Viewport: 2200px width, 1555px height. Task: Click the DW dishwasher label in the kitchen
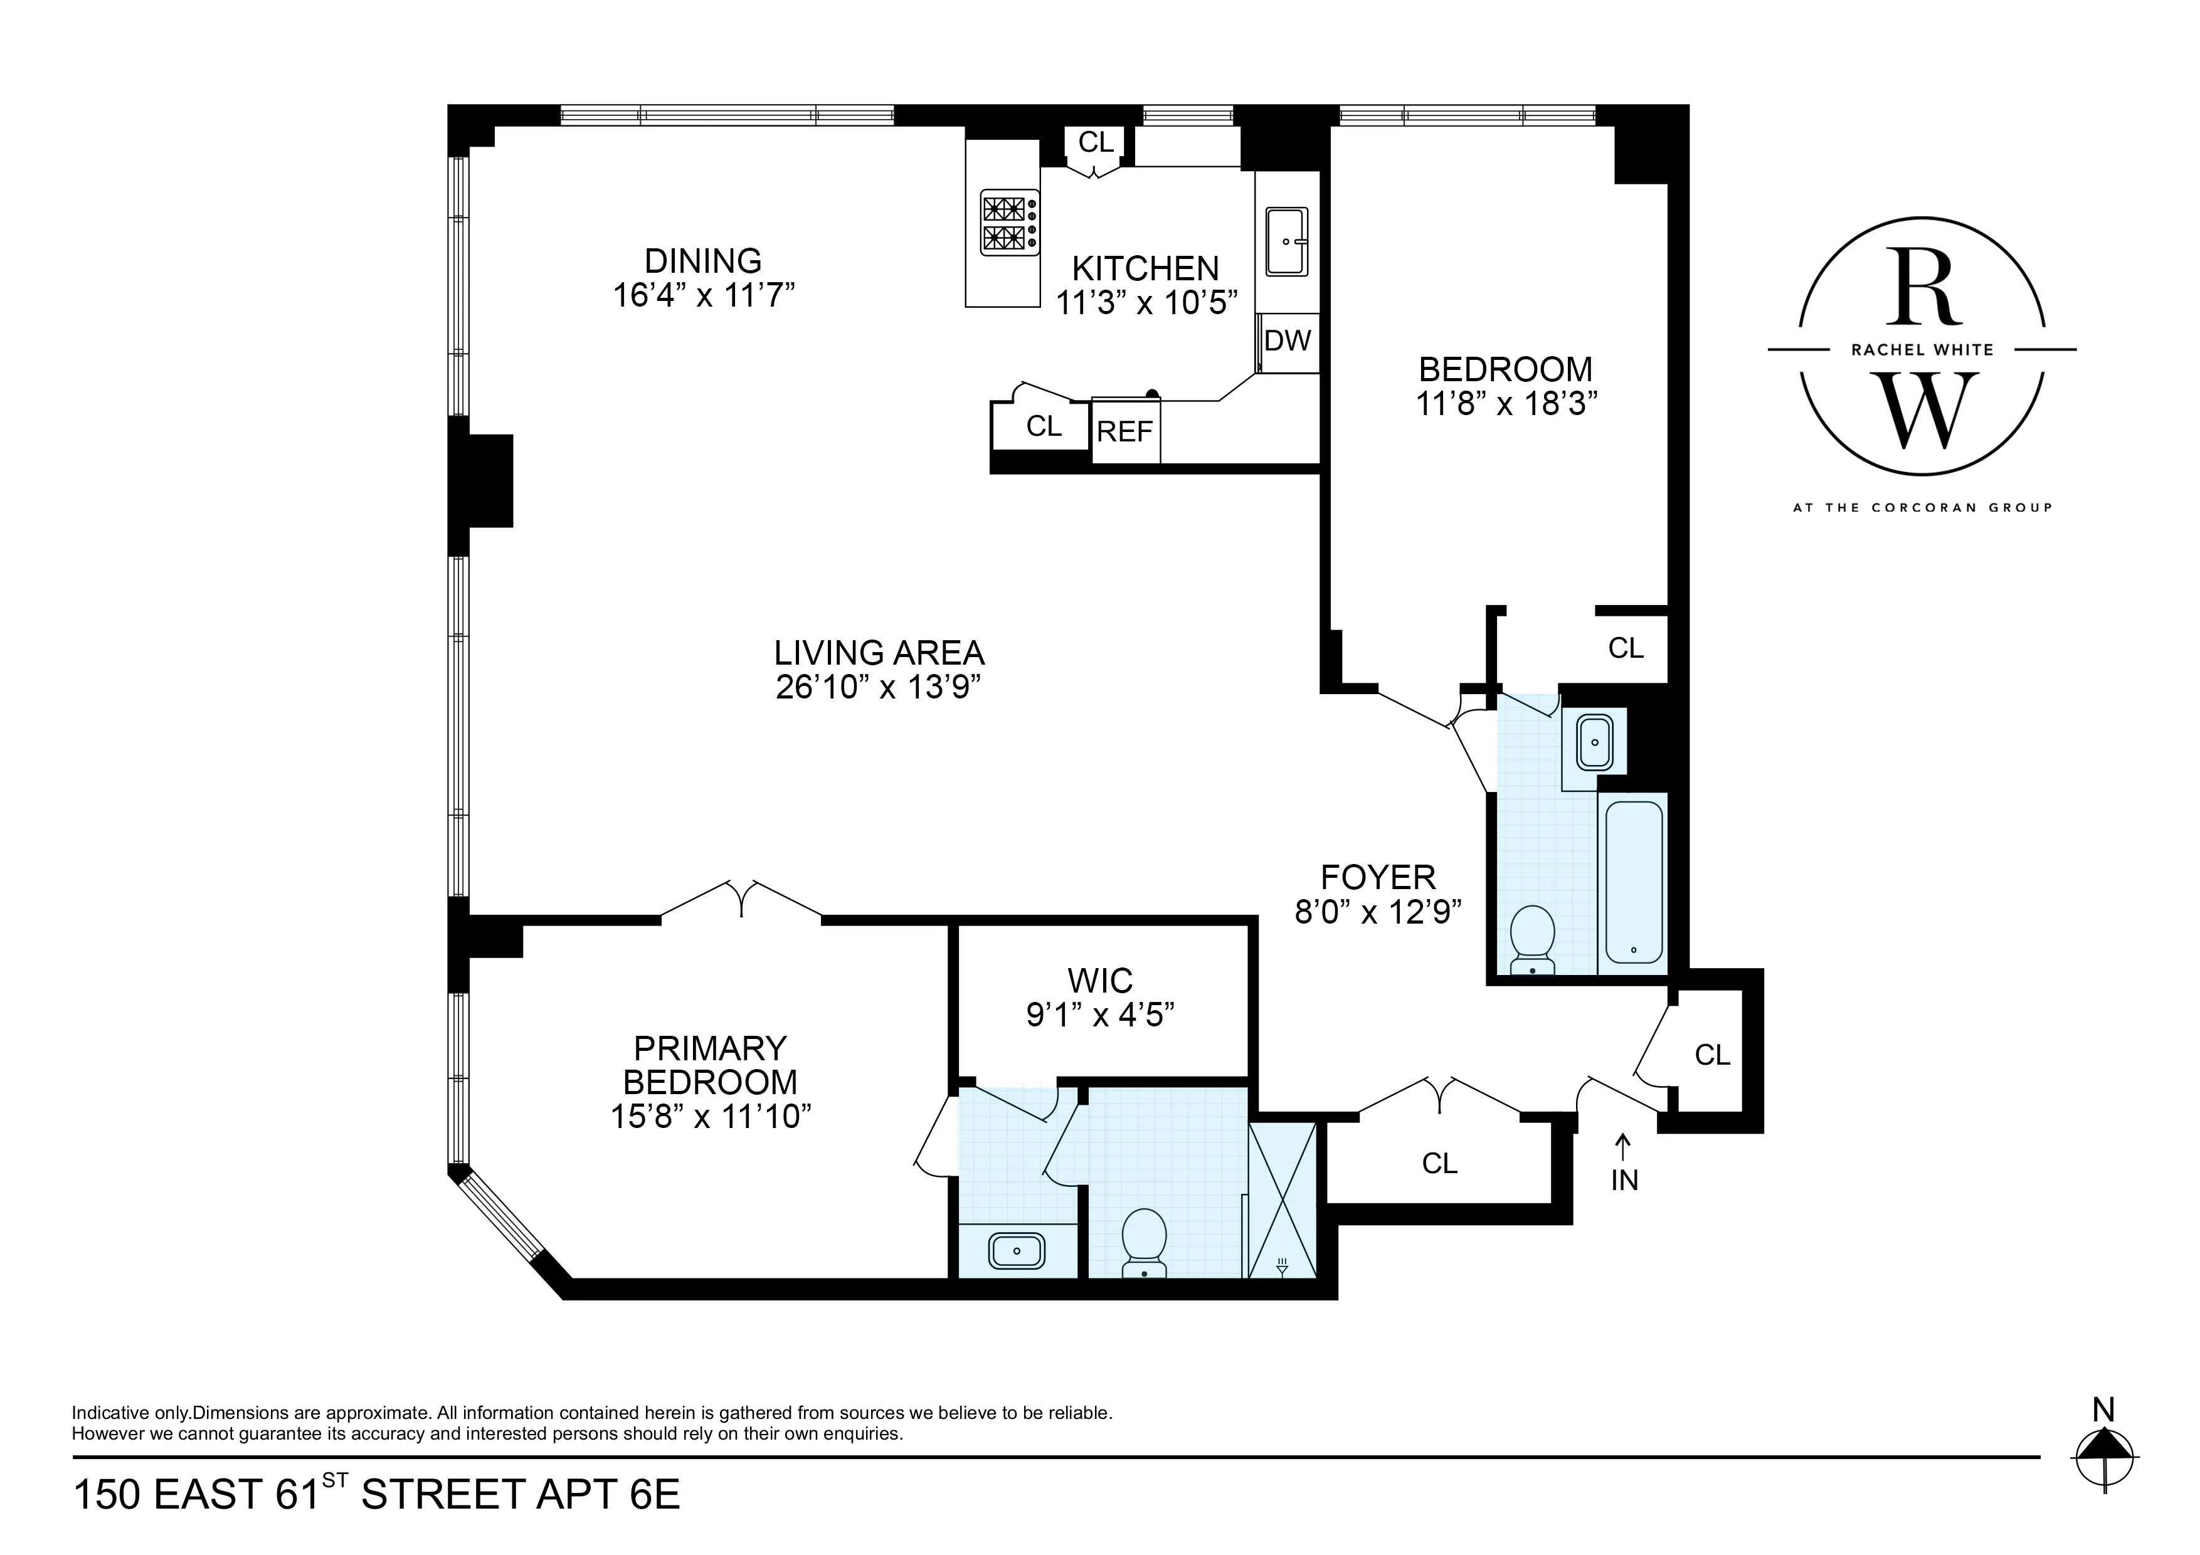point(1287,340)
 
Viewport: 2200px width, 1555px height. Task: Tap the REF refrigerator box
point(1125,432)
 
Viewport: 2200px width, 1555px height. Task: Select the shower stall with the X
point(1282,1201)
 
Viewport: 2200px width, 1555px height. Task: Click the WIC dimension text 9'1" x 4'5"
point(1100,1015)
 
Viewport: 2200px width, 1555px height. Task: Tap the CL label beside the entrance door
point(1712,1055)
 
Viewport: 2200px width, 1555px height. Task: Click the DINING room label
point(702,261)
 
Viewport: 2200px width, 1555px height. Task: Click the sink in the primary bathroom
point(1017,1252)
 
